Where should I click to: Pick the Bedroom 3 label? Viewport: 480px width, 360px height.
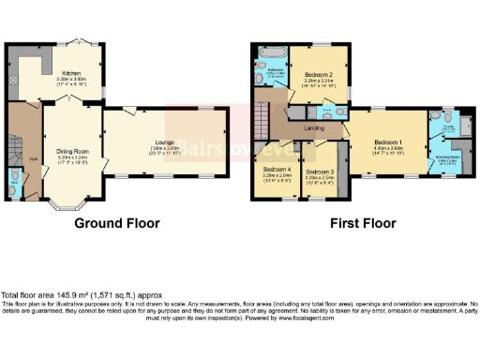(320, 172)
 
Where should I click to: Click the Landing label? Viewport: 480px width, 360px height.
(315, 128)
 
